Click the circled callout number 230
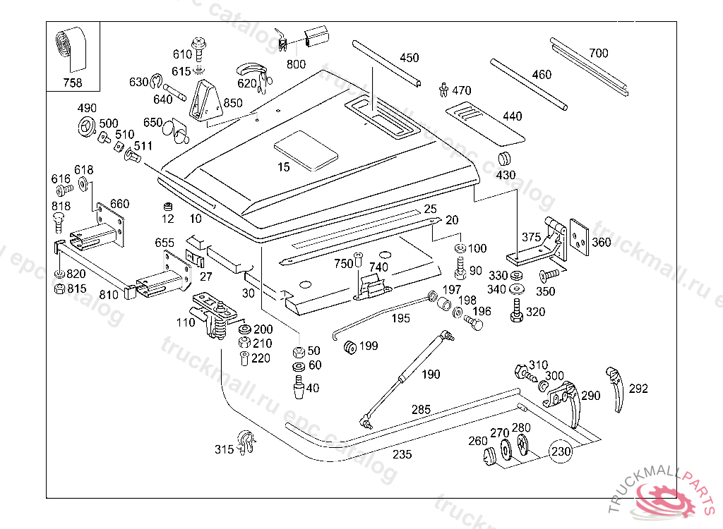click(x=560, y=451)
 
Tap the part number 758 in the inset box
click(x=72, y=83)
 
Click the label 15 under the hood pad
click(x=284, y=167)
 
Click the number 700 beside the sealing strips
click(x=598, y=53)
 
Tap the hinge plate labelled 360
click(x=580, y=236)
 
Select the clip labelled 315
click(x=246, y=442)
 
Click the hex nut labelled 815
click(x=60, y=288)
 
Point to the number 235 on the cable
click(x=402, y=454)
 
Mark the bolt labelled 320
click(x=516, y=310)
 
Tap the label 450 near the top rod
click(x=409, y=58)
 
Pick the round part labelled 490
click(x=86, y=128)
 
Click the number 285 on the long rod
click(x=421, y=409)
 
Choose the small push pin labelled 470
click(x=443, y=90)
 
